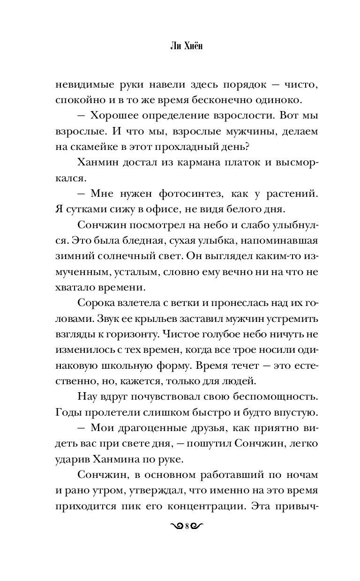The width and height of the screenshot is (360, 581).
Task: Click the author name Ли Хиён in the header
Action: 180,48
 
